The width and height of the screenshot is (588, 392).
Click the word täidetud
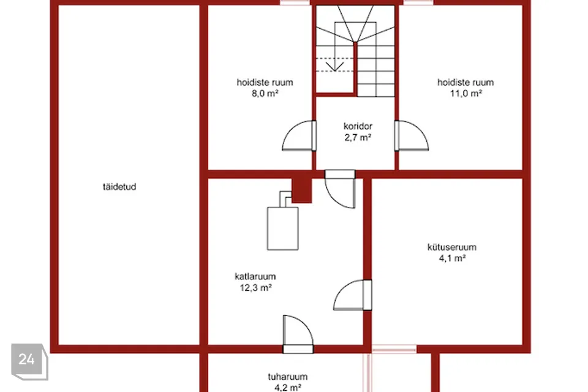click(119, 187)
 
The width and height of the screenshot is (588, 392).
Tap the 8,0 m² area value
click(265, 93)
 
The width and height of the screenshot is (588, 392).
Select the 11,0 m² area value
click(466, 93)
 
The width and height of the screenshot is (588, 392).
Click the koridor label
click(358, 126)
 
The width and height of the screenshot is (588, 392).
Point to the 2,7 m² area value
click(358, 138)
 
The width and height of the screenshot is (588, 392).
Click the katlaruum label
click(255, 276)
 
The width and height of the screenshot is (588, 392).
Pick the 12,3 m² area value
click(256, 288)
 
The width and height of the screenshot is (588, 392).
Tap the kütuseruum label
click(452, 247)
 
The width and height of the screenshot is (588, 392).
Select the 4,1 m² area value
click(452, 258)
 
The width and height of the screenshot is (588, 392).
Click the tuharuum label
click(288, 377)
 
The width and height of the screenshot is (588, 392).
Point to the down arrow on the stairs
click(334, 67)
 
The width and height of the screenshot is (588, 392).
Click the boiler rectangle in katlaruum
click(283, 229)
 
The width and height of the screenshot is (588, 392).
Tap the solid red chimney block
click(301, 190)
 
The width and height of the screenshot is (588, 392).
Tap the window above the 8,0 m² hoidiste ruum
click(295, 2)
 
